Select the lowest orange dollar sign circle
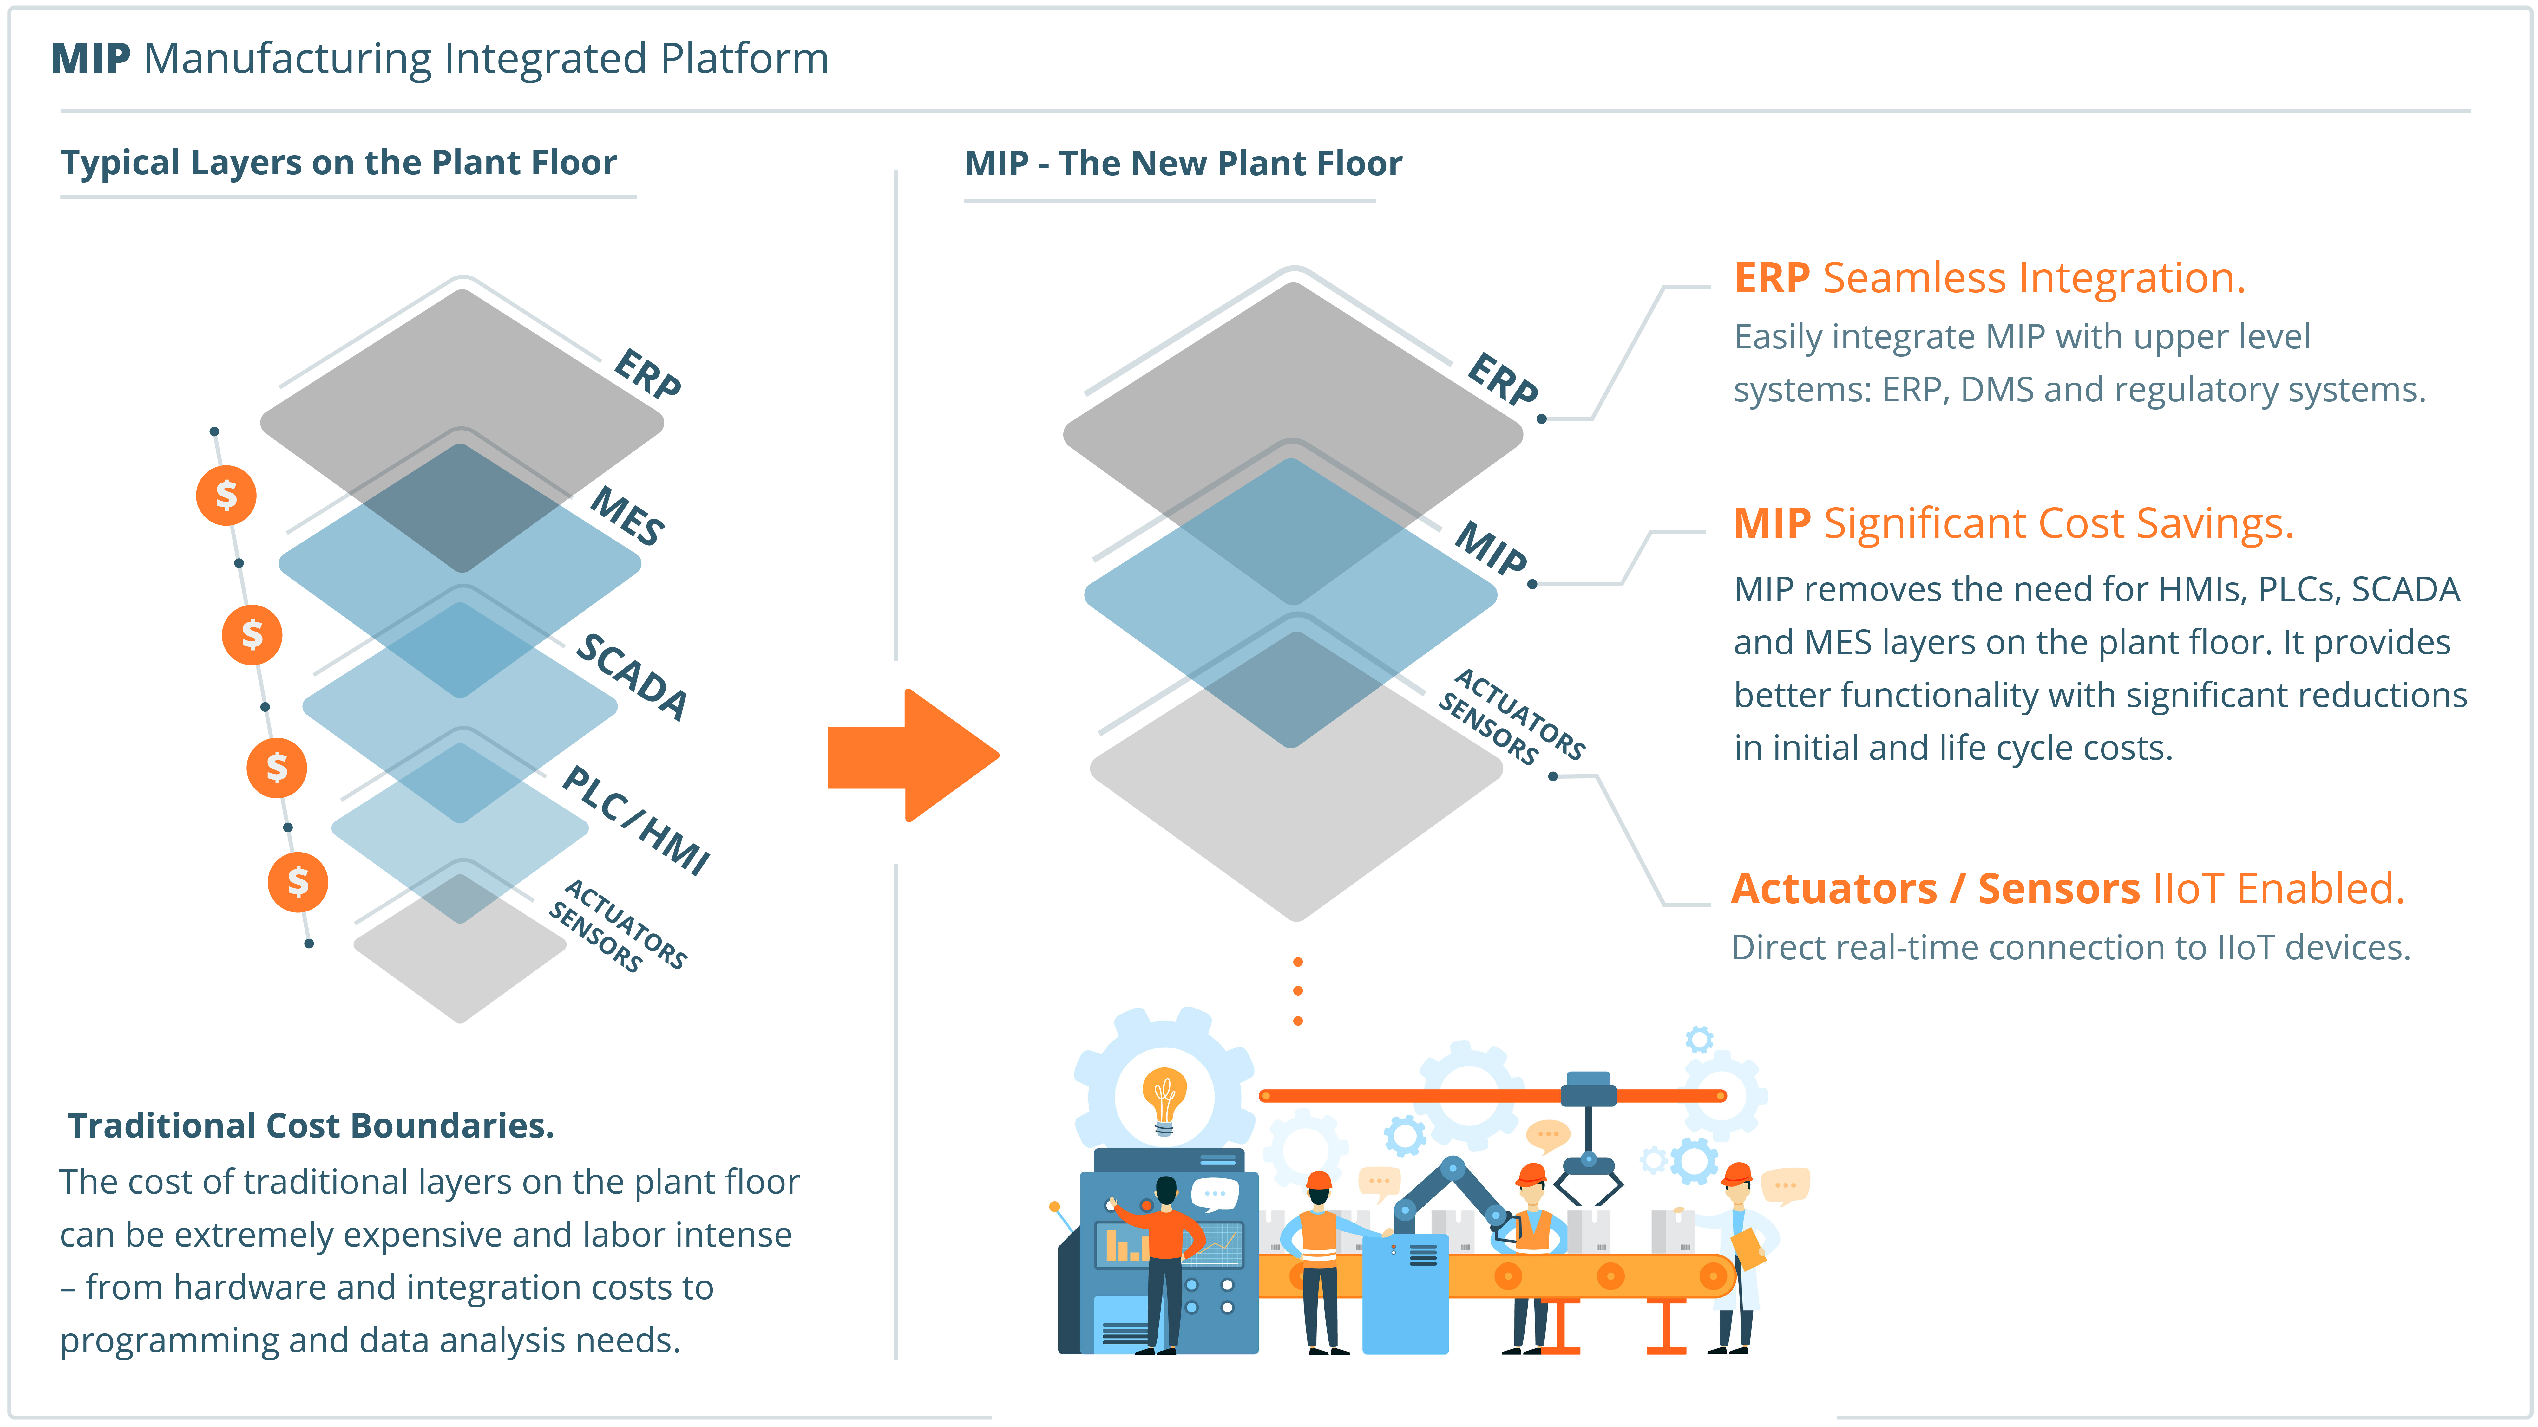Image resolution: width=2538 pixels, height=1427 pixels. (298, 881)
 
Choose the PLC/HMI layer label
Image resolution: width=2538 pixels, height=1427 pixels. (635, 819)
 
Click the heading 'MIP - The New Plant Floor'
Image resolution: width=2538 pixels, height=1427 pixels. (1182, 164)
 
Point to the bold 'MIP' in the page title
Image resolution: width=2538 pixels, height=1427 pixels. (90, 59)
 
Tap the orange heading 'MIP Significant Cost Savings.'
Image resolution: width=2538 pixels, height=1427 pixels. (2013, 524)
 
